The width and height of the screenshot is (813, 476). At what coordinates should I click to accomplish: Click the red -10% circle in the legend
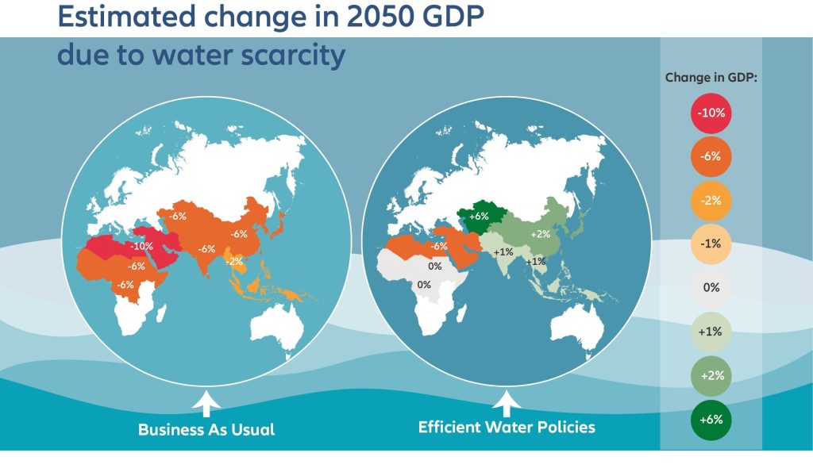(711, 113)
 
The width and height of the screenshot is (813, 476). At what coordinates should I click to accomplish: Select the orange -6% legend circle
(711, 156)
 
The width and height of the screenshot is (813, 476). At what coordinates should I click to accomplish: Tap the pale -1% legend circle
(711, 244)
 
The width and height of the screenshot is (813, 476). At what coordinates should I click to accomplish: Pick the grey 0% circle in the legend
(711, 287)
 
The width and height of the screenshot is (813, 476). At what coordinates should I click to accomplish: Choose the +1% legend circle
(711, 332)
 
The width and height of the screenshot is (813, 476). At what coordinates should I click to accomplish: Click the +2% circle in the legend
(711, 375)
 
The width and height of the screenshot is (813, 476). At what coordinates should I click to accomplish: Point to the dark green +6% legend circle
(711, 420)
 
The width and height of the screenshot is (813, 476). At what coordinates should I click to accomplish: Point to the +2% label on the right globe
(540, 234)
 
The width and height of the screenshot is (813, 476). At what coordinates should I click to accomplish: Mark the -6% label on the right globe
(437, 246)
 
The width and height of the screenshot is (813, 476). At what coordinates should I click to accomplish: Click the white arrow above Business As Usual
(206, 405)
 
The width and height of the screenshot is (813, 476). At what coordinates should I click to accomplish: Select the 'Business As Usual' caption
(206, 430)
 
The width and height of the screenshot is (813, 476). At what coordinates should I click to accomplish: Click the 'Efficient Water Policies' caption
(507, 428)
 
